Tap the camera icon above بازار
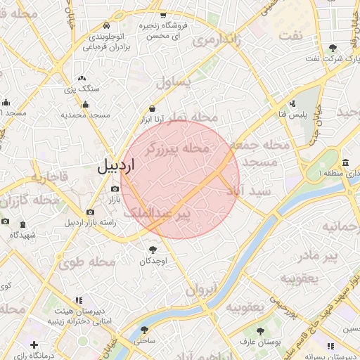pos(115,188)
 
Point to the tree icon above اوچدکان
pos(153,249)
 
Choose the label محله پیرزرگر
pos(177,148)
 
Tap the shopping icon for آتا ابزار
pos(153,109)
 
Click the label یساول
pos(174,83)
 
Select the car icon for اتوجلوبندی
pos(105,24)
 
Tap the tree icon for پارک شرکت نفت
pos(333,48)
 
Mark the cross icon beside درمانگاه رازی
pos(33,345)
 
